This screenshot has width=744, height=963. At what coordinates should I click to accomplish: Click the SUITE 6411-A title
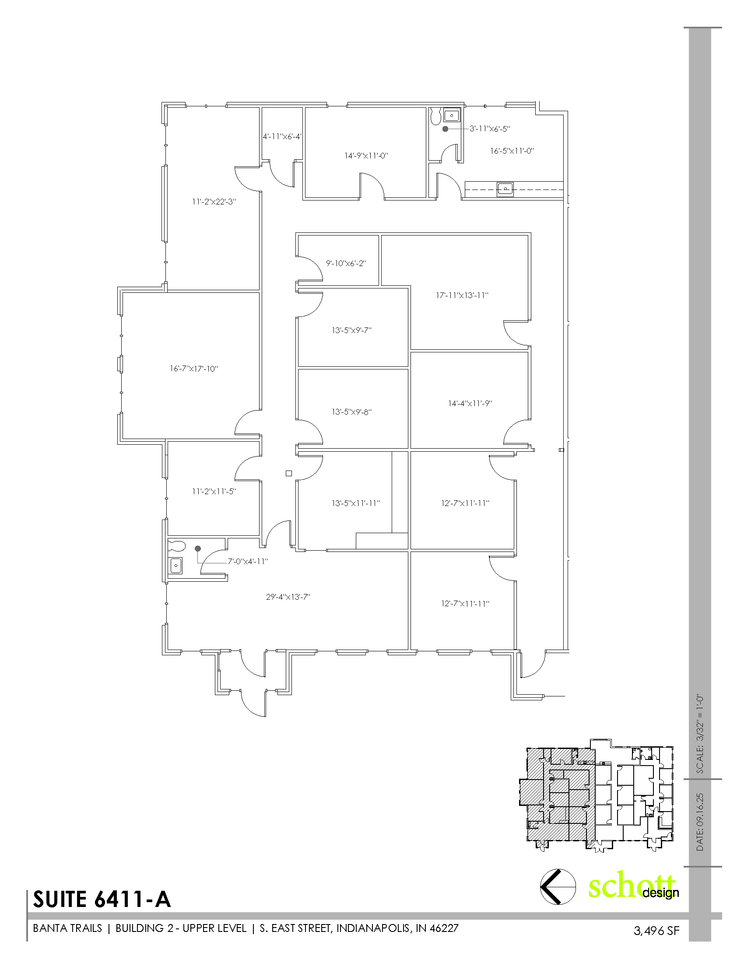click(x=102, y=900)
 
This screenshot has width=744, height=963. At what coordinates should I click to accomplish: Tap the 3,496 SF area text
click(x=656, y=931)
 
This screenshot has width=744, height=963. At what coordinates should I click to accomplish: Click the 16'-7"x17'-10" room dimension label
click(x=194, y=369)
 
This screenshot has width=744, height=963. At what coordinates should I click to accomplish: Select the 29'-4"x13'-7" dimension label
click(x=288, y=597)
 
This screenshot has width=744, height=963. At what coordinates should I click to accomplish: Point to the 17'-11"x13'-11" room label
click(x=462, y=295)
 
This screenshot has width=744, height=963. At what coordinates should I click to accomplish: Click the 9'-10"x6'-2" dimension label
click(x=346, y=263)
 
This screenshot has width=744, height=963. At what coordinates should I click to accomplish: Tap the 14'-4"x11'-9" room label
click(x=470, y=403)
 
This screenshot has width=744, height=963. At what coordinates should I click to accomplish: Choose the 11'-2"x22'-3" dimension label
click(x=214, y=202)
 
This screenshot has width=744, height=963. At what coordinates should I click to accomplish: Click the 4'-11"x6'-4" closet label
click(x=282, y=137)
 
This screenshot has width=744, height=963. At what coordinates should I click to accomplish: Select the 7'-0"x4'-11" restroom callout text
click(x=248, y=561)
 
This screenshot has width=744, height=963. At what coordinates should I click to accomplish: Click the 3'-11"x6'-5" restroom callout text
click(x=489, y=129)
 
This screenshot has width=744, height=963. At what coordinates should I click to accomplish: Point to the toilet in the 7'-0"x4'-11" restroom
click(x=177, y=546)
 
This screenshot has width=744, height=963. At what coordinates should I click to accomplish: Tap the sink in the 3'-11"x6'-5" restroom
click(x=451, y=116)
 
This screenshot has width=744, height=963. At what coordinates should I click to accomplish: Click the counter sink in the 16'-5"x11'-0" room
click(x=505, y=189)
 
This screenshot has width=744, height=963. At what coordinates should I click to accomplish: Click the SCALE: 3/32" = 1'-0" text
click(x=700, y=734)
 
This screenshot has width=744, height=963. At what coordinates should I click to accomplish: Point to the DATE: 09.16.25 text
click(x=700, y=822)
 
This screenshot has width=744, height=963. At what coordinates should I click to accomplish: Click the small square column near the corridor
click(x=289, y=474)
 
